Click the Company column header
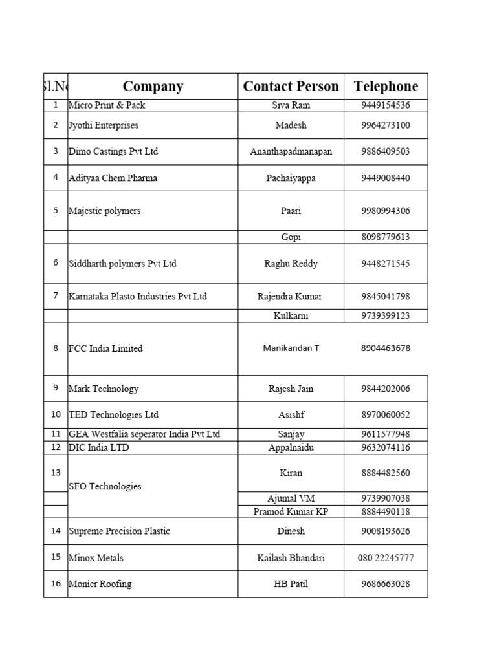click(x=153, y=86)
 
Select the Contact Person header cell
click(x=291, y=86)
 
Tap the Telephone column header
click(x=386, y=86)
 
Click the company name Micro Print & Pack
click(x=107, y=105)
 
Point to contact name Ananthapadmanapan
click(x=291, y=151)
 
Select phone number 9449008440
click(x=386, y=178)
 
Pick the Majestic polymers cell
click(x=104, y=211)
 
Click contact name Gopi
click(x=291, y=237)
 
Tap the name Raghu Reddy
click(x=291, y=264)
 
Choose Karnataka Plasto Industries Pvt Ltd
click(x=138, y=297)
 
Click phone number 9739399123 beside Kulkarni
click(x=386, y=316)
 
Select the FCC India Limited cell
click(x=105, y=348)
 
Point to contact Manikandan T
click(x=291, y=348)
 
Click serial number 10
click(x=56, y=414)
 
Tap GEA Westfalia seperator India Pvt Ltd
click(x=144, y=434)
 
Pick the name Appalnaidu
click(x=291, y=447)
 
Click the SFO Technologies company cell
click(x=105, y=486)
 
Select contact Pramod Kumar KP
click(x=291, y=511)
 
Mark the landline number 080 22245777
click(x=386, y=557)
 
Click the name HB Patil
click(x=291, y=584)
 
